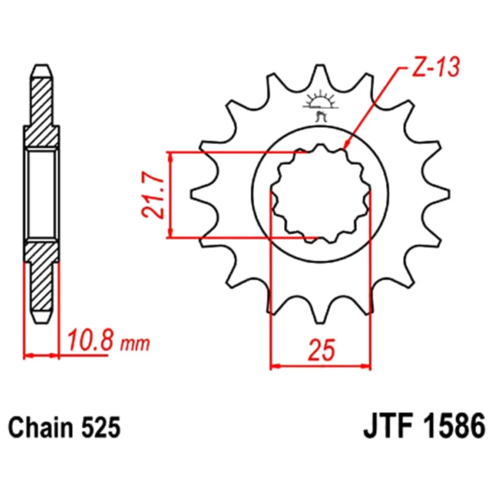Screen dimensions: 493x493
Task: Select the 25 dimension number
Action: (x=321, y=350)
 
